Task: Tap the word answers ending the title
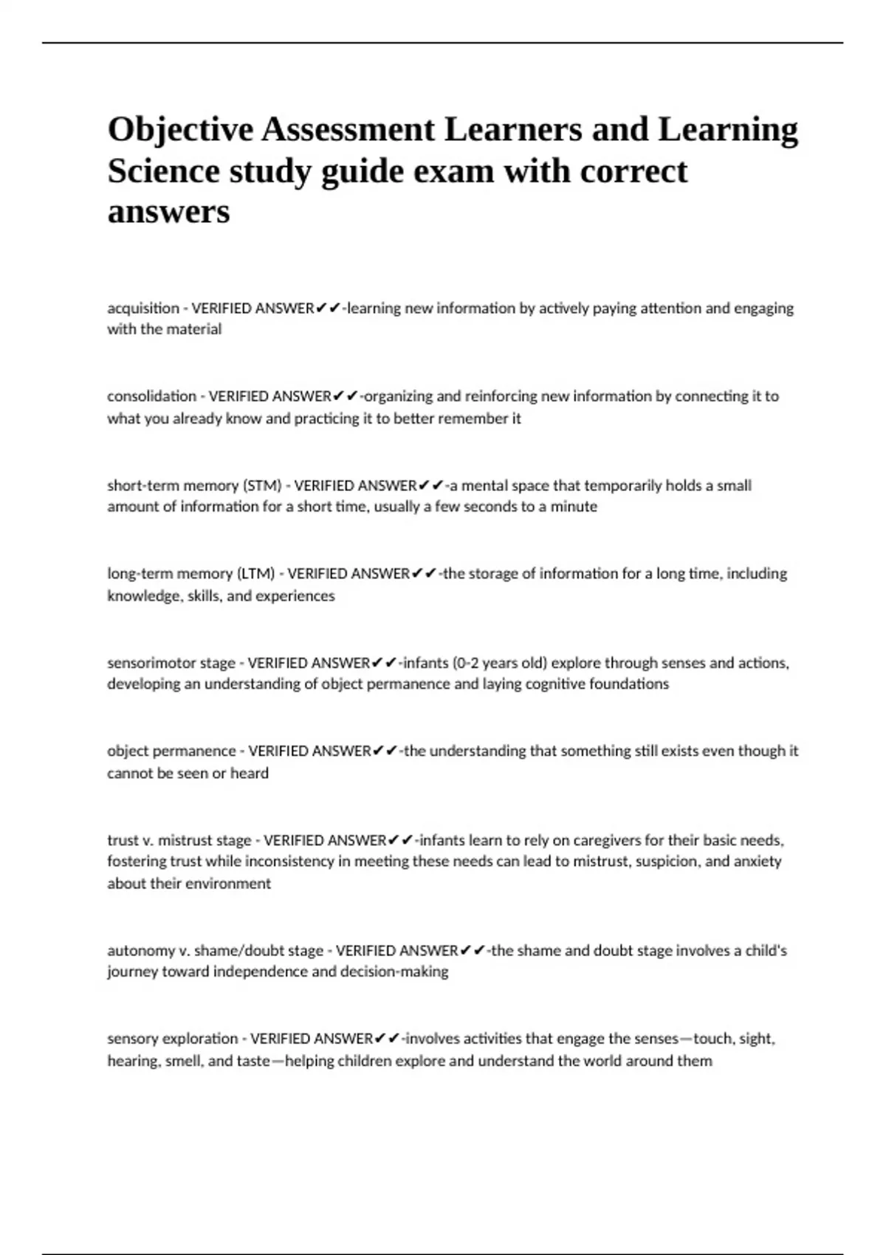pyautogui.click(x=168, y=212)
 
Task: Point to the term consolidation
pyautogui.click(x=151, y=396)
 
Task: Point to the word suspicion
pyautogui.click(x=664, y=862)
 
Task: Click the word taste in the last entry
pyautogui.click(x=253, y=1061)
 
